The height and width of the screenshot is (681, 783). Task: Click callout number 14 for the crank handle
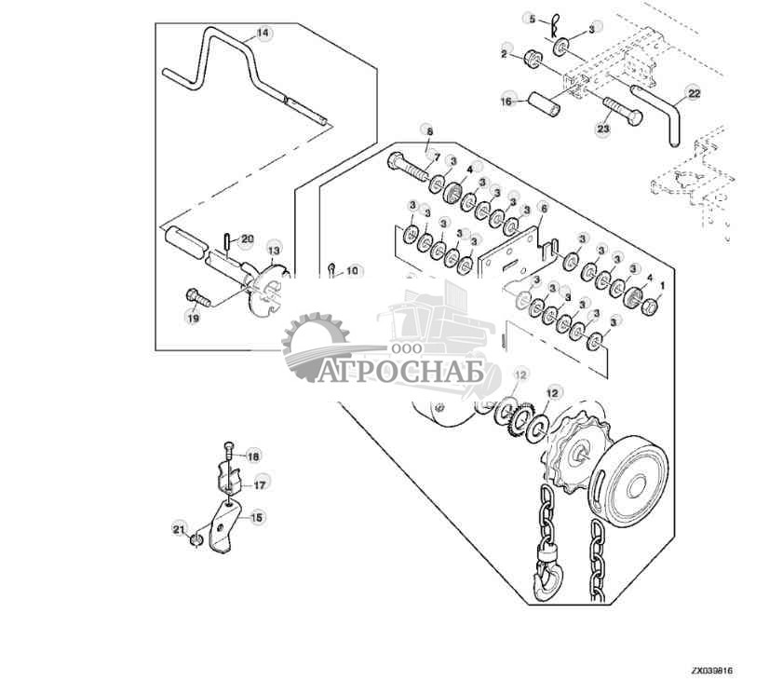point(263,33)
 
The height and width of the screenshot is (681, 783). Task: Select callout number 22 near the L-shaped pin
point(694,92)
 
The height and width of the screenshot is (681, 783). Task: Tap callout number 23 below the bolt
point(602,129)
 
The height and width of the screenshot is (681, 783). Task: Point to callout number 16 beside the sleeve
point(507,99)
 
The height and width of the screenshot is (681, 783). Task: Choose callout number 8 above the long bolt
point(429,131)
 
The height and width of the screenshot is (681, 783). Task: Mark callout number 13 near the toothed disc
point(274,250)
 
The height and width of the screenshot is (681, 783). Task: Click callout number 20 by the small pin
point(247,239)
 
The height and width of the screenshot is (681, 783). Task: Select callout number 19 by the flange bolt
point(193,318)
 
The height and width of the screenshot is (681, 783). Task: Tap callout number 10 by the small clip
point(351,272)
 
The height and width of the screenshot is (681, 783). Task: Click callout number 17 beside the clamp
point(261,484)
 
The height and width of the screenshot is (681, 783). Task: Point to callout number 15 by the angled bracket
point(256,515)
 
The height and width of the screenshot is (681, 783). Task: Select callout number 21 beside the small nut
point(179,529)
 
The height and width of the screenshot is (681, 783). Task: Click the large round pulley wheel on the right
point(634,485)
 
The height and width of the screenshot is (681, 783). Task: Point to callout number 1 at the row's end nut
point(662,283)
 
